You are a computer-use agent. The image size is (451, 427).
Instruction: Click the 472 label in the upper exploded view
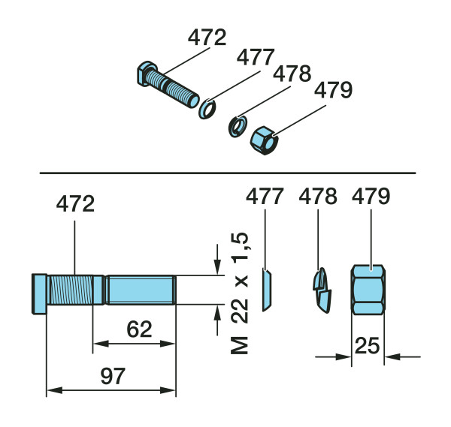207,38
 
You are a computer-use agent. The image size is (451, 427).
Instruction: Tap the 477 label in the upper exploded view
256,57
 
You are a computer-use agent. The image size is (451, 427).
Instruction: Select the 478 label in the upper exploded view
292,74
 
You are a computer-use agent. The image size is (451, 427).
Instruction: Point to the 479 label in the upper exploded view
333,90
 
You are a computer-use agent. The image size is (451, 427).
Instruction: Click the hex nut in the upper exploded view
264,140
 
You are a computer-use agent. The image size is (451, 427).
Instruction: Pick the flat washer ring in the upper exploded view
207,109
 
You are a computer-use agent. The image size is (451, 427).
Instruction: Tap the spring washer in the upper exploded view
238,127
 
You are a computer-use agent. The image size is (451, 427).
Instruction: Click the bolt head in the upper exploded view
147,74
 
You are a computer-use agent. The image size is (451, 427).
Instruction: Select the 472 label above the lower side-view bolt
75,203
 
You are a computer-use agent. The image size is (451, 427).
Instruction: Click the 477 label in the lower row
265,196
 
